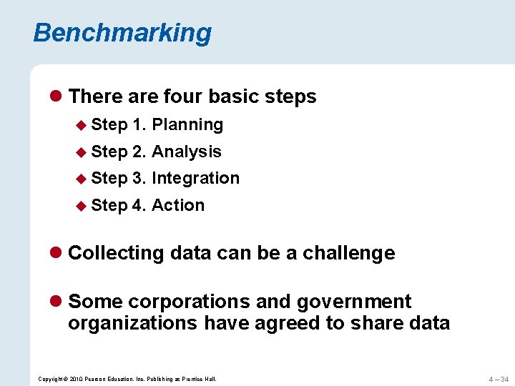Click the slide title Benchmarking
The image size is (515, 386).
click(122, 33)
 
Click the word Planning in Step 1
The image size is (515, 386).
click(187, 124)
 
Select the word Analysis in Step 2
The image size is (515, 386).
click(187, 152)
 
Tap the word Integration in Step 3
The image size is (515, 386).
click(195, 178)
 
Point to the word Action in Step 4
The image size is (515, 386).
click(178, 205)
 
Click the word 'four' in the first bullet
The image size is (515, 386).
click(185, 96)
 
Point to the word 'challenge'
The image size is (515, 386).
click(348, 253)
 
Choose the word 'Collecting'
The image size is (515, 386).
click(115, 253)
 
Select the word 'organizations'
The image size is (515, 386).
click(132, 323)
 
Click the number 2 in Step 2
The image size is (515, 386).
click(139, 152)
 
